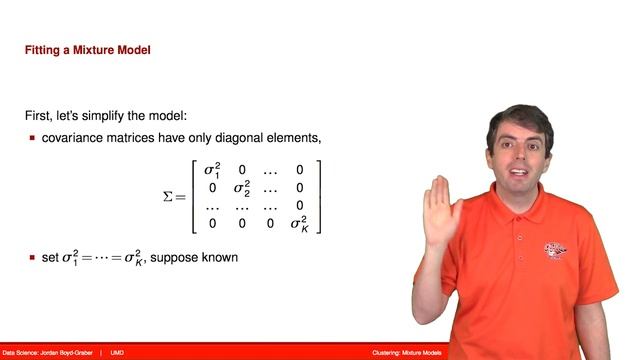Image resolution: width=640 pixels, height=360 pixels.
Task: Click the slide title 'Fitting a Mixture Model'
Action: tap(87, 49)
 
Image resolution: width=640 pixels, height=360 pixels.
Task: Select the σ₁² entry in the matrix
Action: tap(212, 169)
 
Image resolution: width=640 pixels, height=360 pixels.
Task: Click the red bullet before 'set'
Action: tap(32, 259)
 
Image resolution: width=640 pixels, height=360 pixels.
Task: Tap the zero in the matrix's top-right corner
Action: tap(299, 169)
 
